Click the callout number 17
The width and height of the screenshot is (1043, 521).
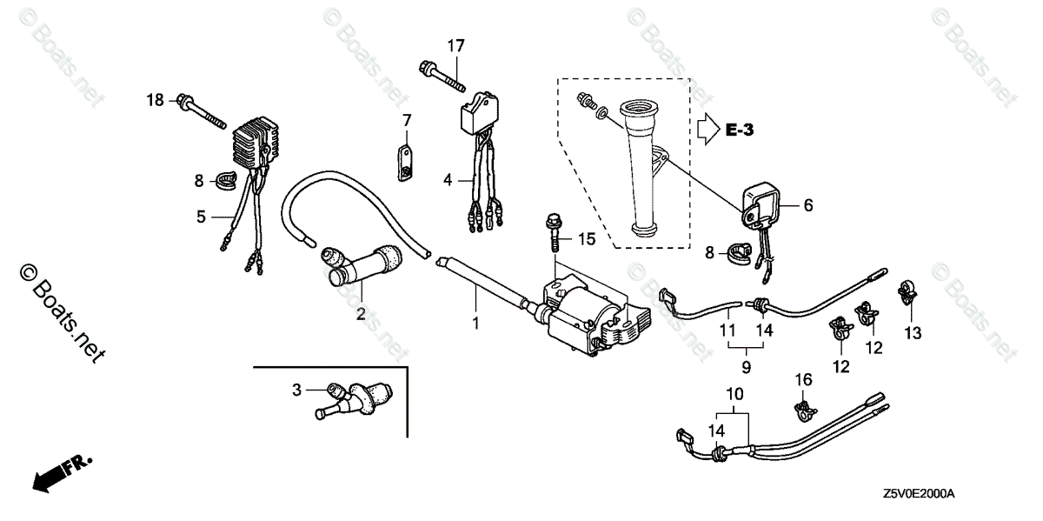457,44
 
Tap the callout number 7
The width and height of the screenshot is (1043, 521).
406,119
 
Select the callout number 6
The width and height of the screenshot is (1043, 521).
807,205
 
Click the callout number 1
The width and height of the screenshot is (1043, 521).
476,324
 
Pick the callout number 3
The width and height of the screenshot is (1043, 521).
296,391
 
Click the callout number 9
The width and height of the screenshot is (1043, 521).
747,368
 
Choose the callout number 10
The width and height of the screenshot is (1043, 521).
736,394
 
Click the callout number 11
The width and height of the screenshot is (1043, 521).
727,331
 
